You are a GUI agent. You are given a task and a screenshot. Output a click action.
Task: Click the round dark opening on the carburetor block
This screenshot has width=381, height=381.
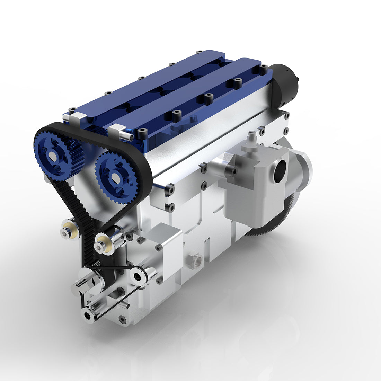280,171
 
